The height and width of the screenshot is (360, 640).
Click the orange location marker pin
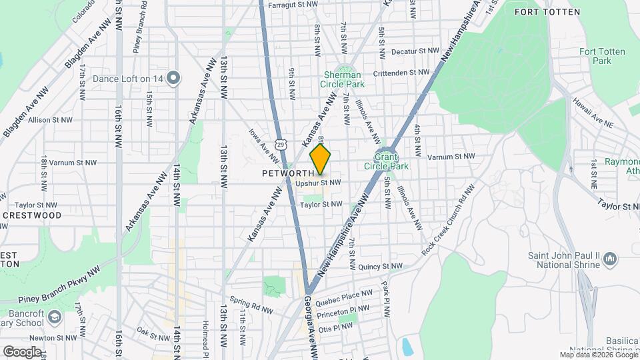pos(321,159)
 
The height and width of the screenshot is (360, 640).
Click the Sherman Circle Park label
pos(344,79)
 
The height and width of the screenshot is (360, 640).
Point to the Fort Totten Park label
pos(595,56)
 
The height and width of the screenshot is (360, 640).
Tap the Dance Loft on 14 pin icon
pos(173,79)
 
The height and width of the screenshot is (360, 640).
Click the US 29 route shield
pos(283,144)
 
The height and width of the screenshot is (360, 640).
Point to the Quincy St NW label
pos(381,267)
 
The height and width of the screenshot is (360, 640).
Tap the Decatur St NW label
pos(415,51)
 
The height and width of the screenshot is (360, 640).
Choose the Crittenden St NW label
pos(401,72)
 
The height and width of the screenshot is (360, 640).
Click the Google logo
pos(21,351)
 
